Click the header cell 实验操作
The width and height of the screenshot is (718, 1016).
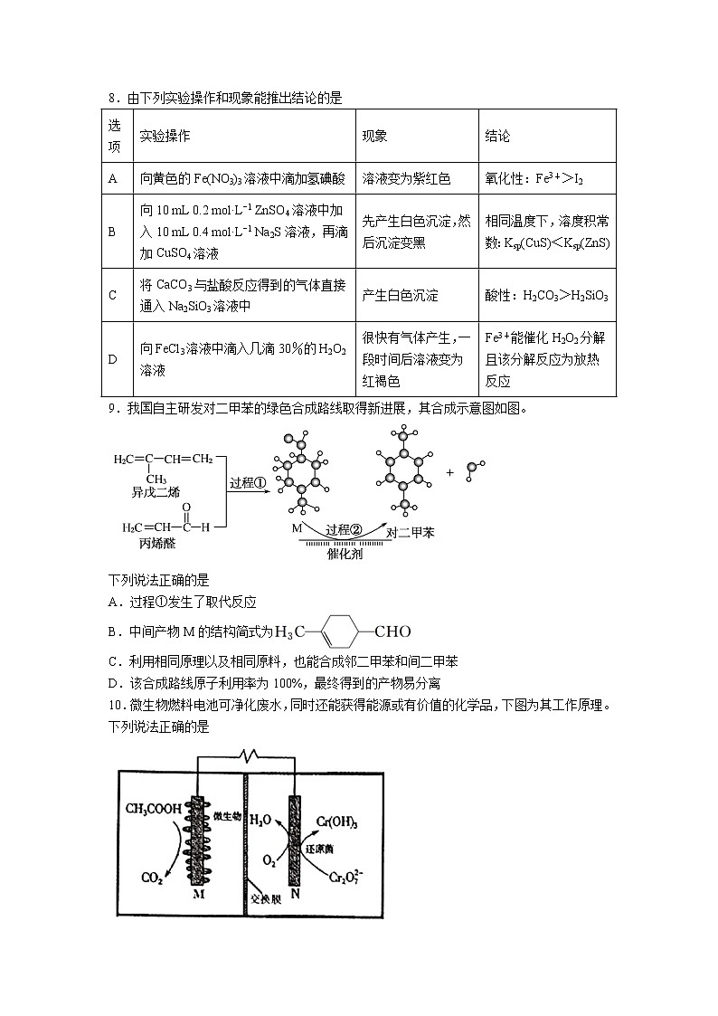(165, 136)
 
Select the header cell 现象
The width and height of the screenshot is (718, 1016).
(374, 136)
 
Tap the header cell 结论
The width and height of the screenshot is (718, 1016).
(497, 136)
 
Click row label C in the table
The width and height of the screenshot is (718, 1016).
(113, 295)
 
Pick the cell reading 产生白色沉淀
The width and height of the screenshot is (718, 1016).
(400, 295)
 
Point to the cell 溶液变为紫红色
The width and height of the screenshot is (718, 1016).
(405, 178)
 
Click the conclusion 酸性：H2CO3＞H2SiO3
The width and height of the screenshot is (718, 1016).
(546, 296)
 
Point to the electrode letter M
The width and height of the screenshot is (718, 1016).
(198, 894)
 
